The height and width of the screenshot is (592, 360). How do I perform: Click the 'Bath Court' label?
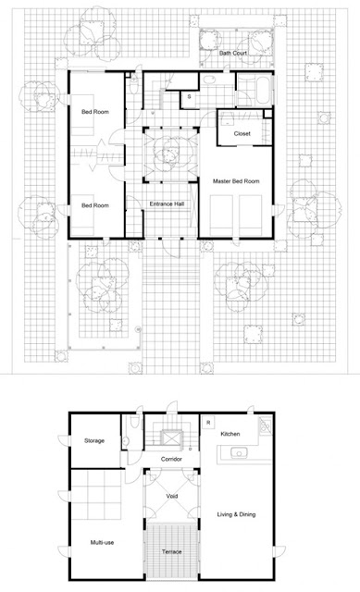(233, 54)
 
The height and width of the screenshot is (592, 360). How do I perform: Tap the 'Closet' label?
(242, 133)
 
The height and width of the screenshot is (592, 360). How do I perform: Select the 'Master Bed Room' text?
(236, 181)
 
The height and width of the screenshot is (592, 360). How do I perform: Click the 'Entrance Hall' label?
(167, 203)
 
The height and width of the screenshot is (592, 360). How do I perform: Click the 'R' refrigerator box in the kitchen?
(208, 422)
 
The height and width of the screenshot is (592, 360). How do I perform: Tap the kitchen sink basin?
(239, 452)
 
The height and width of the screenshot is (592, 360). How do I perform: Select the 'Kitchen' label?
(230, 434)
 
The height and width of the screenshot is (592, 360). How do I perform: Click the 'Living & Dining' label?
(237, 514)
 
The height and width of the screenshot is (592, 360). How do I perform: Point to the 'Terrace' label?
(172, 551)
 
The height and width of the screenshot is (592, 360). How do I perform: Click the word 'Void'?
(172, 496)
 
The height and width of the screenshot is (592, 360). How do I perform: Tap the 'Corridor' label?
(171, 459)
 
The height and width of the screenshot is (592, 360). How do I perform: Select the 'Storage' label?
(94, 440)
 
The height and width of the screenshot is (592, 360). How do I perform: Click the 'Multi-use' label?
(102, 543)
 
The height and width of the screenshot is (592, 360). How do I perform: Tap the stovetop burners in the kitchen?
(266, 425)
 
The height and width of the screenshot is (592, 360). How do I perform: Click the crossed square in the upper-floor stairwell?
(171, 438)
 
